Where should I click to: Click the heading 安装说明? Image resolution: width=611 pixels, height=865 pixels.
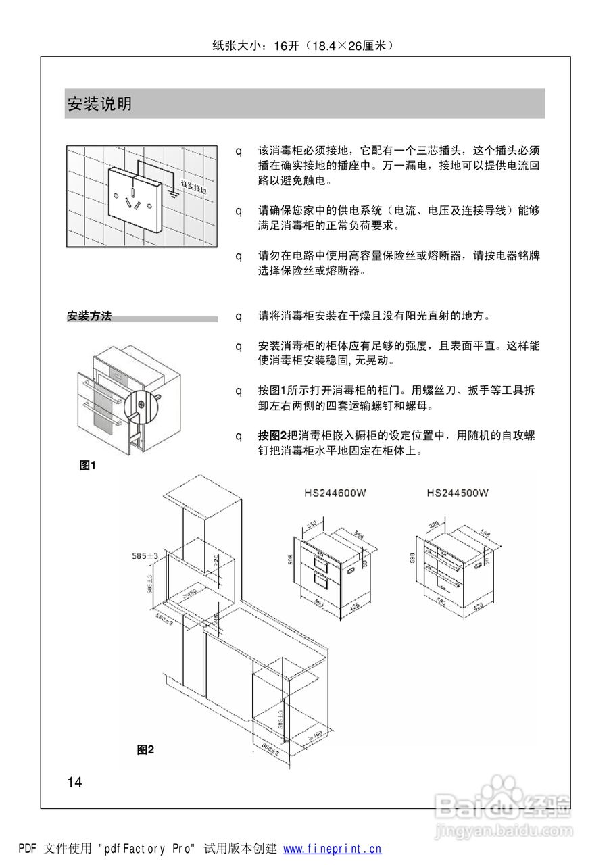pos(99,104)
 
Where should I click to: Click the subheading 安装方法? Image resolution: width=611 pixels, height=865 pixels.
pos(89,316)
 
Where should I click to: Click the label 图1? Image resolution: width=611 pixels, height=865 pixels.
pos(88,465)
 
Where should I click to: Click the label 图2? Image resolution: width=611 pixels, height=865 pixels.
pos(145,749)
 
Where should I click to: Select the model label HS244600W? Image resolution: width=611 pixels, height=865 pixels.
pos(335,493)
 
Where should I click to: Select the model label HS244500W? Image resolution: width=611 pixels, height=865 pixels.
pos(458,493)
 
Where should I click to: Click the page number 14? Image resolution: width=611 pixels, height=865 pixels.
pos(74,783)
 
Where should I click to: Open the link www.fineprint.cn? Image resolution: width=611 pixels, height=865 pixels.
pos(332,849)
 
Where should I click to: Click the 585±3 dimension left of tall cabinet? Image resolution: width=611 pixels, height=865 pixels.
pos(145,556)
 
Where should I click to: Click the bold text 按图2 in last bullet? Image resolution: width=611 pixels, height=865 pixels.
pos(272,436)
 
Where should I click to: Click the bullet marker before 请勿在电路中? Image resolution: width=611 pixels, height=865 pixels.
pos(239,256)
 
